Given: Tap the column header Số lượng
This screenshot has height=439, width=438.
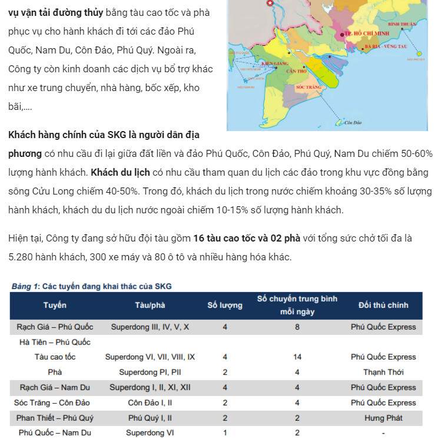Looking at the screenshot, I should point(225,305).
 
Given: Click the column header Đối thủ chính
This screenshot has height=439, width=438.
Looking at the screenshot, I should point(383,305).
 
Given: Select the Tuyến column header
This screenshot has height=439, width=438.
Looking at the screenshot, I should point(55,305).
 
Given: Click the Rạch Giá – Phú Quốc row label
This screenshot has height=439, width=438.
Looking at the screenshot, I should point(55,327).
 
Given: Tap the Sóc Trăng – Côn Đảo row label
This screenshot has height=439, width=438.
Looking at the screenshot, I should point(55,403).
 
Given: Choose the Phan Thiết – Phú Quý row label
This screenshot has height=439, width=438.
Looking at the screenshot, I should point(55,418).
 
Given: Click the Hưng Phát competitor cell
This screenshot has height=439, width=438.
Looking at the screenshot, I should point(383,418).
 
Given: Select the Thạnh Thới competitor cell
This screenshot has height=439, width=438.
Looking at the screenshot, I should point(383,372).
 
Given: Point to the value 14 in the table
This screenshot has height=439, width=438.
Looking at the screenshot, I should point(297,357).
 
